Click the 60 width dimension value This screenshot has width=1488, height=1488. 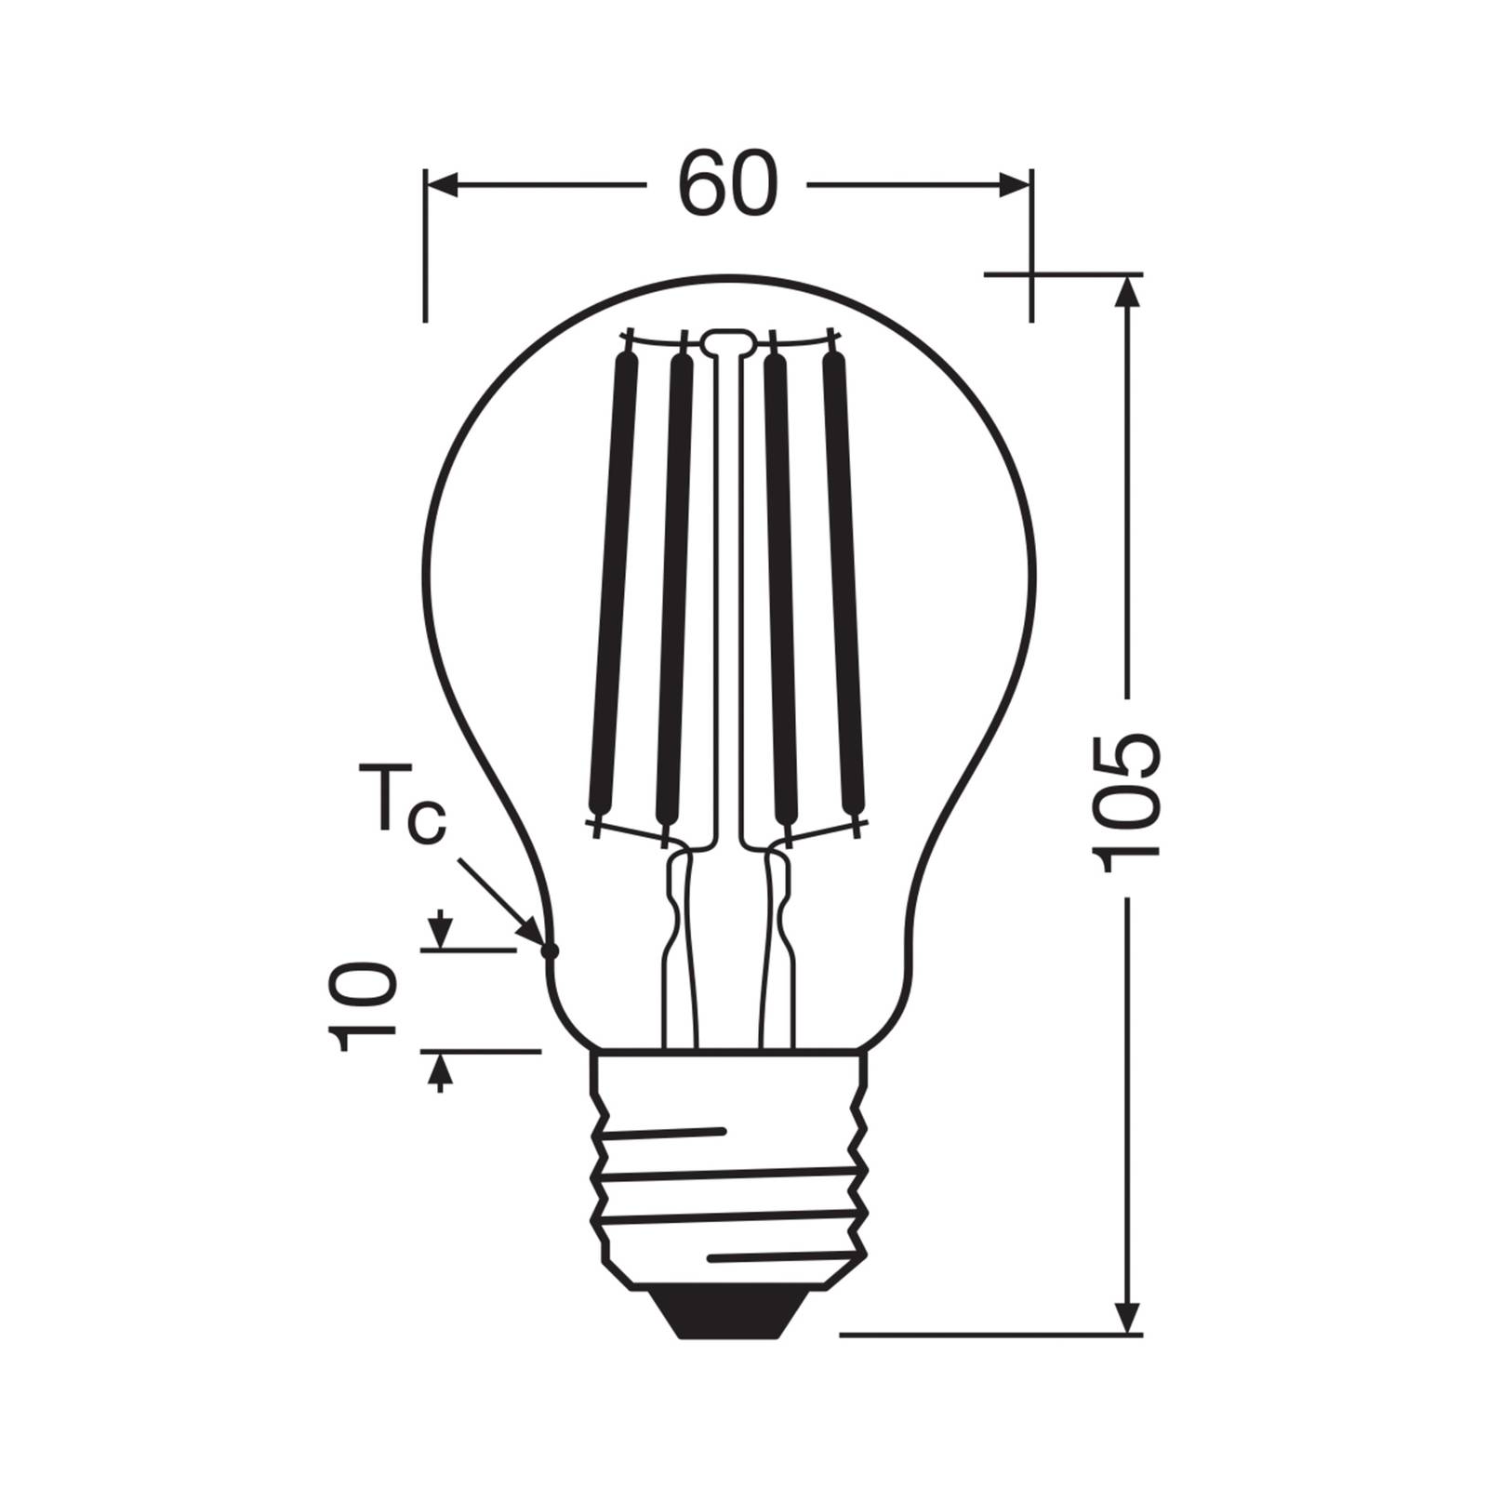[727, 185]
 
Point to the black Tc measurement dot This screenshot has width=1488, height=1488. [550, 950]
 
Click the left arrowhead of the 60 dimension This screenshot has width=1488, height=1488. [443, 186]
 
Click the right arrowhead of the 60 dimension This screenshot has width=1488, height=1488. [1014, 186]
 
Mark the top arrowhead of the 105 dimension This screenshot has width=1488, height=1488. [1127, 293]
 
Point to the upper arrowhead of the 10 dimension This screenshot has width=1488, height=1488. [441, 932]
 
